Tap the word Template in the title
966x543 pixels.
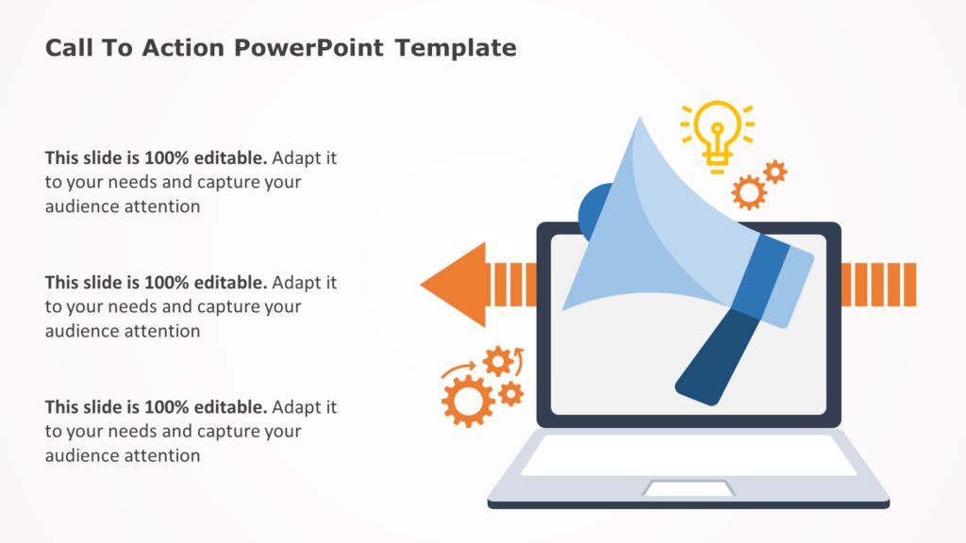click(x=456, y=48)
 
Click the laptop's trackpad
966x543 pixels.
click(x=689, y=488)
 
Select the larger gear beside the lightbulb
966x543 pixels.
click(x=749, y=192)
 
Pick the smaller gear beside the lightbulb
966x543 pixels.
click(x=774, y=172)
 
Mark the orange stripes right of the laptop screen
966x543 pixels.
click(x=877, y=285)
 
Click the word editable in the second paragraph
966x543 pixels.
click(x=230, y=282)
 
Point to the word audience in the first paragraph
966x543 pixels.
click(x=83, y=206)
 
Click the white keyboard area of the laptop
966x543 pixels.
click(x=689, y=454)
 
